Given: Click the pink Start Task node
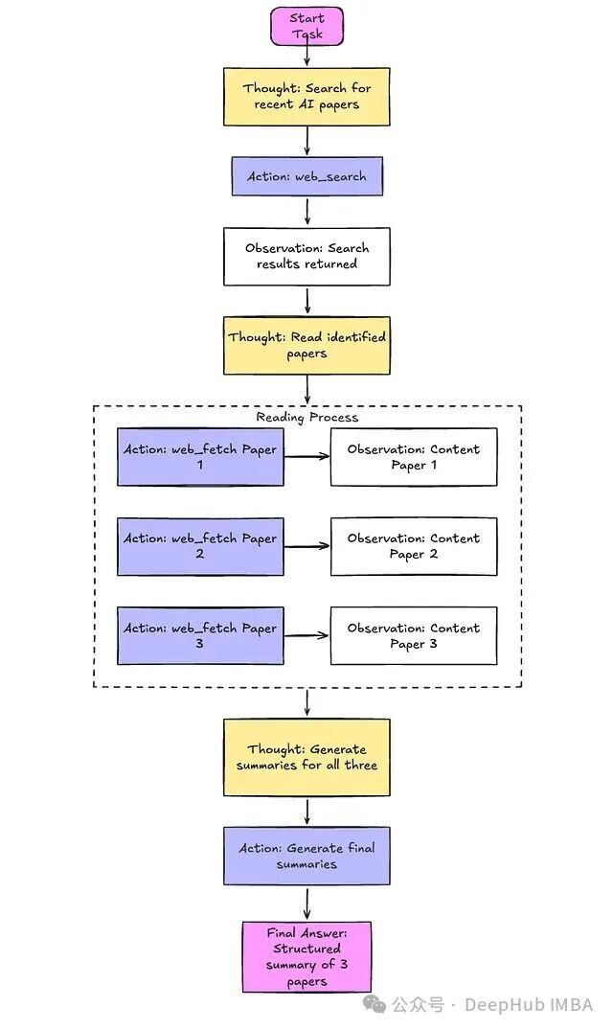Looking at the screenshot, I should click(306, 26).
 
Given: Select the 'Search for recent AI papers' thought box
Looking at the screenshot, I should click(306, 96).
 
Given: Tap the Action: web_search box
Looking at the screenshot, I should click(306, 176).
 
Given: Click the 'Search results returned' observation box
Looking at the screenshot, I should click(306, 256).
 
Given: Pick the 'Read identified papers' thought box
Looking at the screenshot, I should click(306, 345).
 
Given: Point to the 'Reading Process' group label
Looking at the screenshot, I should click(306, 417).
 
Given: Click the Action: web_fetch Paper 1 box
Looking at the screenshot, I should click(200, 457).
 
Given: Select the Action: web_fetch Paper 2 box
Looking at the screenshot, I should click(200, 546).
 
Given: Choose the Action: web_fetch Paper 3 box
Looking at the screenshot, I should click(200, 635).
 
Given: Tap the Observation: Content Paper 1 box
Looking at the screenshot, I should click(414, 457).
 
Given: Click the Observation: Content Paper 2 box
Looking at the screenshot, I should click(414, 546).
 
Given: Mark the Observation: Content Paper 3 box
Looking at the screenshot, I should click(414, 635).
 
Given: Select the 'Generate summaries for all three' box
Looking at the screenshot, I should click(306, 757).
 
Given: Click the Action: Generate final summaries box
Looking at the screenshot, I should click(306, 856).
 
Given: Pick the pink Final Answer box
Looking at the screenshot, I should click(306, 956).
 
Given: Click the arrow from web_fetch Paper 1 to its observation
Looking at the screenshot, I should click(306, 457).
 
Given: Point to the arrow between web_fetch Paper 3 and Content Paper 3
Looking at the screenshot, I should click(306, 635).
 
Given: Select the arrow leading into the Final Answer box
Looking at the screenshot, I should click(306, 903).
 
